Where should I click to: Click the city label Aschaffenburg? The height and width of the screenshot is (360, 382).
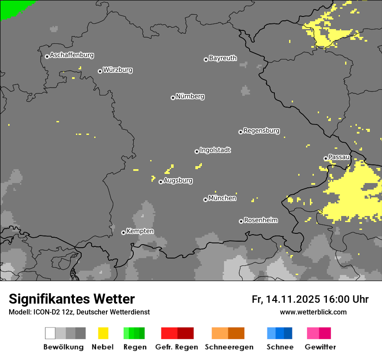coord(72,55)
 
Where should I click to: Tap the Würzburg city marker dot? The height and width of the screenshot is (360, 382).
coord(100,71)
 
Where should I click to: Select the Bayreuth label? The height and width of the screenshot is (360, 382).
coord(223,58)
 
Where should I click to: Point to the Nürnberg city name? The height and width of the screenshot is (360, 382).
coord(190,96)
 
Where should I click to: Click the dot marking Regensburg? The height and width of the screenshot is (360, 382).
coord(240,132)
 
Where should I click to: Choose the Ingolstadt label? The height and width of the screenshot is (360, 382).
coord(215,150)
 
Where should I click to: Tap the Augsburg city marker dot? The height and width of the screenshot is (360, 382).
coord(161,182)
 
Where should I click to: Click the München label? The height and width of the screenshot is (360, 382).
coord(222,198)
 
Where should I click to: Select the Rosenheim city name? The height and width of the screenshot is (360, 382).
coord(261,220)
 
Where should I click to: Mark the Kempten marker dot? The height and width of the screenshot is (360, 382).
coord(123,232)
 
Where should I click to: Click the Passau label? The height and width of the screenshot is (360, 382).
coord(339,157)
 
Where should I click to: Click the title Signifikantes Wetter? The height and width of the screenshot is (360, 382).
coord(72,299)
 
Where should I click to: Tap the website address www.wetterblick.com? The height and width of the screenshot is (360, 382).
coord(313,312)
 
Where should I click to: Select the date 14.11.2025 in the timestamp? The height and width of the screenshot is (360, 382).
coord(293,299)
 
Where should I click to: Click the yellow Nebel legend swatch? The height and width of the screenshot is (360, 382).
coord(103,333)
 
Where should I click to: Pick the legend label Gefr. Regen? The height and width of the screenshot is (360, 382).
coord(177,347)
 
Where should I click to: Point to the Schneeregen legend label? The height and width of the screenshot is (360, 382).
coord(229,347)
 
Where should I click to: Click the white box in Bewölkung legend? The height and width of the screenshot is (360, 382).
coord(50,333)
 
